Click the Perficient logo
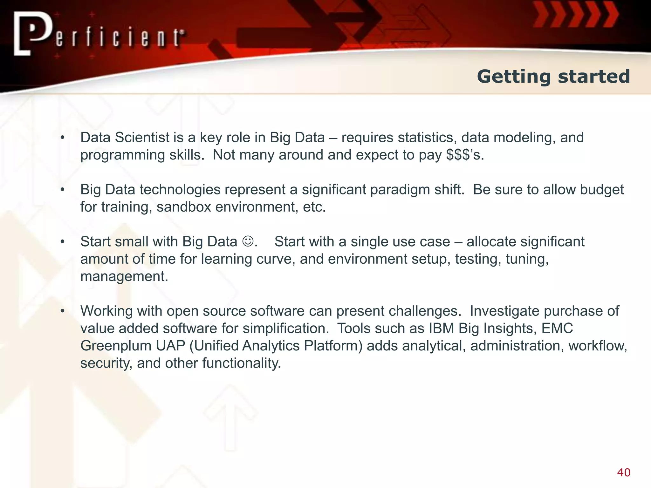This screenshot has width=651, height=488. point(99,34)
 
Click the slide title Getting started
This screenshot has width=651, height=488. point(553,77)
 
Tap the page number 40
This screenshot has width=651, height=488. point(623,472)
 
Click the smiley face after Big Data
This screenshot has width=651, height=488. point(248,241)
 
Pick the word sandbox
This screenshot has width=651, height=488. point(184,207)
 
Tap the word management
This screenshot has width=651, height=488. point(124,276)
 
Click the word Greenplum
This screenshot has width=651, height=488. point(116,346)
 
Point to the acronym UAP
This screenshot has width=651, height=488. point(170,346)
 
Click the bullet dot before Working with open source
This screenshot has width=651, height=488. point(63,311)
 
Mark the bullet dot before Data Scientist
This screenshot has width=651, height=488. point(63,138)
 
